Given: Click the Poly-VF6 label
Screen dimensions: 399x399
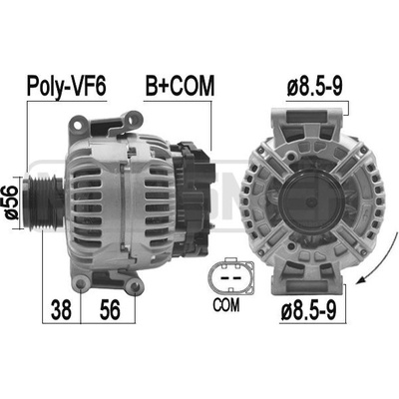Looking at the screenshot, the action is click(67, 87).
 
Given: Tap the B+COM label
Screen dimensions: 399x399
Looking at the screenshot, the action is click(180, 86).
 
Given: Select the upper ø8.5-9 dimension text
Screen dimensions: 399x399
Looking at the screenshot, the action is click(314, 86).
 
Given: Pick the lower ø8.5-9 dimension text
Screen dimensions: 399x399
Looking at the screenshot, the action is click(309, 309).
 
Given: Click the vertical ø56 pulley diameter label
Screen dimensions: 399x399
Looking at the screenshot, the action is click(12, 202).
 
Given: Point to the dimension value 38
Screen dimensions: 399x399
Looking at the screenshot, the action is click(61, 309).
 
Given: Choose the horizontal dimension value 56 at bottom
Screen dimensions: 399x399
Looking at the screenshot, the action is click(110, 309).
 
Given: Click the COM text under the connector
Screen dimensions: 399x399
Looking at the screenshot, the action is click(226, 304).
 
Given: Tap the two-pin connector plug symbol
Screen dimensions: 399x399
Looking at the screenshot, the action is click(230, 276).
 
